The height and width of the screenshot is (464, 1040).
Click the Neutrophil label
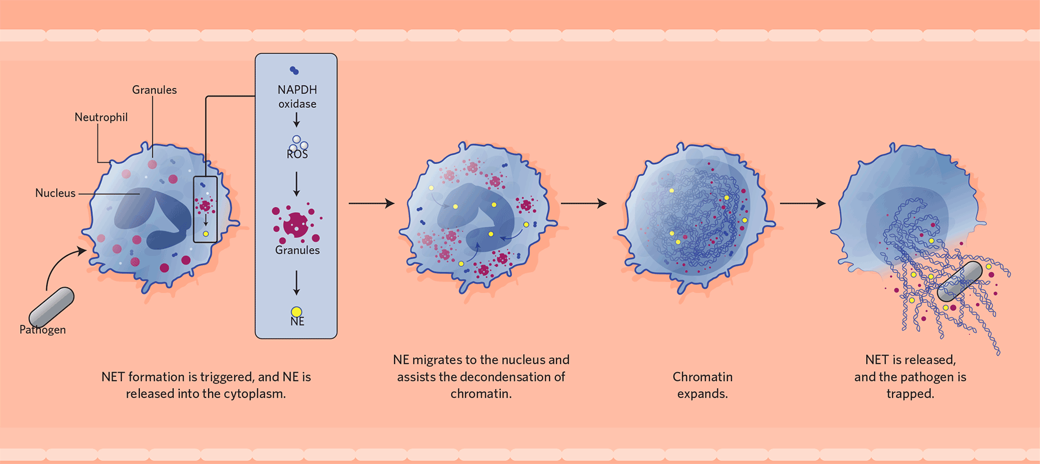(101, 117)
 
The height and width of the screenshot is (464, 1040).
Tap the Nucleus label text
(55, 193)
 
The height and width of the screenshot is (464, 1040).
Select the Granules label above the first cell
(154, 90)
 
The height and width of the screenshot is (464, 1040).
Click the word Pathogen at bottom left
(43, 330)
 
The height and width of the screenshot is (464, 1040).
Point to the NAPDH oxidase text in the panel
(297, 96)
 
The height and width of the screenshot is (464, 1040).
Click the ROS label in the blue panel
(297, 154)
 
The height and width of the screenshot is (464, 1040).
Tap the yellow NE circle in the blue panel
(296, 312)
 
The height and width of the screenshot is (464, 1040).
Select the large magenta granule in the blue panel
(296, 224)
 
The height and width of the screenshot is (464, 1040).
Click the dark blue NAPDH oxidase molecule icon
(294, 70)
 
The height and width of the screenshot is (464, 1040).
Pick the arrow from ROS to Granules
(296, 184)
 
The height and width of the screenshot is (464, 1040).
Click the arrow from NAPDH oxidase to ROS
(296, 120)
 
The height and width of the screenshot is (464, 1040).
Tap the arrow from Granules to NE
(296, 283)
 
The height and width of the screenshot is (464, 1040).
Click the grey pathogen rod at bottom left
(51, 307)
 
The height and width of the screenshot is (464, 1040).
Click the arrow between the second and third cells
(584, 203)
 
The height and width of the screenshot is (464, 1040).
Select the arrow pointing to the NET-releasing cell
(803, 203)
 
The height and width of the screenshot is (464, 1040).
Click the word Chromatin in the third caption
(703, 377)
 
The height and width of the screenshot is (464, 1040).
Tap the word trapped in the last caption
(911, 394)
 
